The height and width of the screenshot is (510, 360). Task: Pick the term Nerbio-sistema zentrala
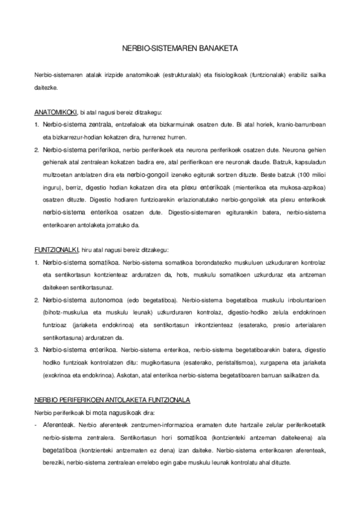(x=76, y=124)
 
